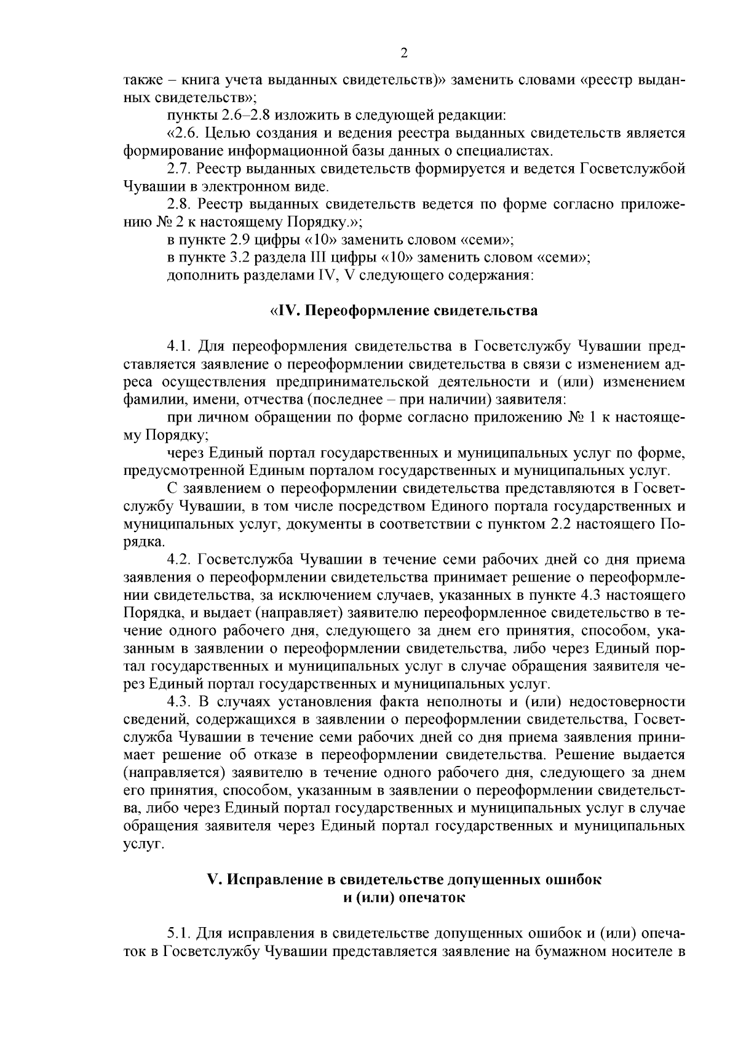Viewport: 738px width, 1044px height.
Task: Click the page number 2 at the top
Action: (403, 54)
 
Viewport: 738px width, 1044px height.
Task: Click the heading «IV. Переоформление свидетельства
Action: (404, 310)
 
